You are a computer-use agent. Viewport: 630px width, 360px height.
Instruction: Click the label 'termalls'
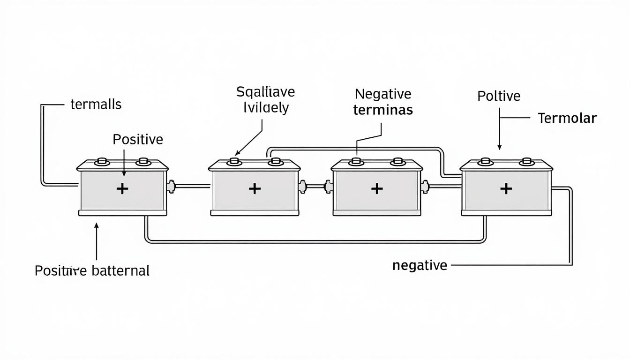click(x=96, y=104)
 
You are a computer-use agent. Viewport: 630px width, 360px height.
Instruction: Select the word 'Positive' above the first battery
click(x=138, y=139)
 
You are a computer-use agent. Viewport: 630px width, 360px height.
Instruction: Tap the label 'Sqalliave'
click(x=265, y=91)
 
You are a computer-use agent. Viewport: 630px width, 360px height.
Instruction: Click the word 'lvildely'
click(x=265, y=108)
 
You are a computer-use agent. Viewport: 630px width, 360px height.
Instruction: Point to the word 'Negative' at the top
click(x=382, y=94)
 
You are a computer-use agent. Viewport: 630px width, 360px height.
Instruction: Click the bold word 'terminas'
click(x=382, y=110)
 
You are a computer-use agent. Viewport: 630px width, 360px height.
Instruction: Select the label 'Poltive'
click(x=499, y=96)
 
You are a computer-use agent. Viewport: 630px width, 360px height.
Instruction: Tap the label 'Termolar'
click(x=567, y=118)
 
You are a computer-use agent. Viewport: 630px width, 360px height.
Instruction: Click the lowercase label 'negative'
click(x=420, y=265)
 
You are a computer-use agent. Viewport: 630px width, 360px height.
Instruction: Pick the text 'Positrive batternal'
click(x=92, y=270)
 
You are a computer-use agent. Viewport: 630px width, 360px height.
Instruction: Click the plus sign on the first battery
click(x=122, y=189)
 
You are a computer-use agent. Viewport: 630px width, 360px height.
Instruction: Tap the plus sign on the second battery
click(x=255, y=189)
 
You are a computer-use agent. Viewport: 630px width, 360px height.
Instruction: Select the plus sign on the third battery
click(x=377, y=189)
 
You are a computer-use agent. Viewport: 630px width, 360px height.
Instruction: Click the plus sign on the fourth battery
click(x=506, y=189)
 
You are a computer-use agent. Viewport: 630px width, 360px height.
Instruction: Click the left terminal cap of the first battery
click(x=102, y=162)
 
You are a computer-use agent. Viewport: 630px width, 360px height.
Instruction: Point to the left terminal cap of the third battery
click(x=356, y=162)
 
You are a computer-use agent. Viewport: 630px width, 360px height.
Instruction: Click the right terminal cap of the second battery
click(x=274, y=162)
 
